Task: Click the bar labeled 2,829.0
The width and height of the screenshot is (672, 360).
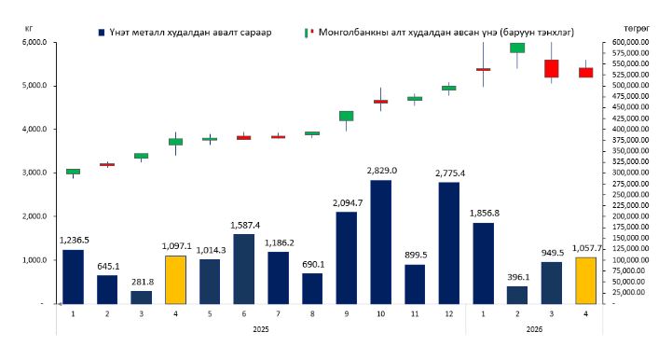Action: (x=380, y=242)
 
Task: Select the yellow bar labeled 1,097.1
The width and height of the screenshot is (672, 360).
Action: (x=176, y=280)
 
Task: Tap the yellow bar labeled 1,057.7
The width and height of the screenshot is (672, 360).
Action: (x=586, y=281)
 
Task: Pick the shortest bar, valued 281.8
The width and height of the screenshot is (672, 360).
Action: (x=142, y=298)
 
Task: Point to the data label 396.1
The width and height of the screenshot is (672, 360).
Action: (x=518, y=278)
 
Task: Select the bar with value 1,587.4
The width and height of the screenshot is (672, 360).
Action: (x=244, y=269)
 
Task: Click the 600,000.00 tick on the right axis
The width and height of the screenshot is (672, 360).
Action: (x=627, y=42)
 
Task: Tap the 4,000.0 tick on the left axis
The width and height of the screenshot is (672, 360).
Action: (x=38, y=129)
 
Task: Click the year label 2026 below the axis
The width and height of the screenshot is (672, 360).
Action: (x=534, y=329)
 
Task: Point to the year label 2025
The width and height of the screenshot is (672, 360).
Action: (x=261, y=329)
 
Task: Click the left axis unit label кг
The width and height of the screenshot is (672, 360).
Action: (x=29, y=29)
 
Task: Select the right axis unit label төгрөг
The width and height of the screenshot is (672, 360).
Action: (x=637, y=28)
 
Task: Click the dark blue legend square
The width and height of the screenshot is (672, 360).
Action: (x=102, y=33)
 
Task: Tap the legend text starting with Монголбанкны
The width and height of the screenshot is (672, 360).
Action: (x=446, y=33)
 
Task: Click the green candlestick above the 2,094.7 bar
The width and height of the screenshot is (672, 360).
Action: (x=347, y=116)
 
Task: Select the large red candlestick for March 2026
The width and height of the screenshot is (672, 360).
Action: (x=551, y=69)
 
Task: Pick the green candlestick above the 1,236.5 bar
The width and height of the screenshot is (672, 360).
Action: (x=74, y=172)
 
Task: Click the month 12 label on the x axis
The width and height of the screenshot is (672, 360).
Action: (x=449, y=314)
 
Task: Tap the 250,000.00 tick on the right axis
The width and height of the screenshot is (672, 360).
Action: (x=627, y=194)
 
